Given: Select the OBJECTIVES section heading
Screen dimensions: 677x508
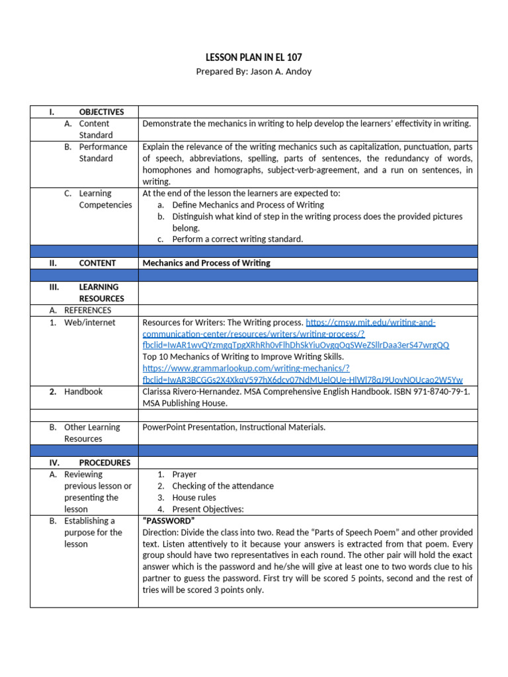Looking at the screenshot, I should pyautogui.click(x=101, y=112).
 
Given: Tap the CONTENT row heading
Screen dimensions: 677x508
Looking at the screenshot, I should pyautogui.click(x=97, y=263).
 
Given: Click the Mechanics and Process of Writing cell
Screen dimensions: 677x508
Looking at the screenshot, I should pyautogui.click(x=206, y=263).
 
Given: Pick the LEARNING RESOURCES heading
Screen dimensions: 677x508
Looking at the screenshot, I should pyautogui.click(x=99, y=293).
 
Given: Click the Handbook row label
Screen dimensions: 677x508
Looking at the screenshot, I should pyautogui.click(x=83, y=391).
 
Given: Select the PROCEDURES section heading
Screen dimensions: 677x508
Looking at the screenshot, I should pyautogui.click(x=105, y=463).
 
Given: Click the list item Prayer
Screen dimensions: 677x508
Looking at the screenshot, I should pyautogui.click(x=184, y=474).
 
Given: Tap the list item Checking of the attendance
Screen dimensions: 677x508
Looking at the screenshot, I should pyautogui.click(x=222, y=486).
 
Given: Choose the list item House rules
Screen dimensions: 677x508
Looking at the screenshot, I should pyautogui.click(x=194, y=497).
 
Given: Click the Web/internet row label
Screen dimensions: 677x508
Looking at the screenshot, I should pyautogui.click(x=89, y=323).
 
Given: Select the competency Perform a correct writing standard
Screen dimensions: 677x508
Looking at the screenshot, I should pyautogui.click(x=237, y=239).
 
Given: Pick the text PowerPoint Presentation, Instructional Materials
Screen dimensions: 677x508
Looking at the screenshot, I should pyautogui.click(x=233, y=427).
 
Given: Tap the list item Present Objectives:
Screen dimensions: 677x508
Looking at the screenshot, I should pyautogui.click(x=208, y=509).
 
